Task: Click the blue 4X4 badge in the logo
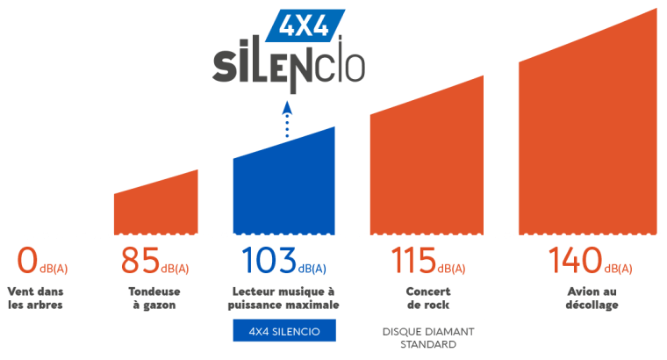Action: pos(305,25)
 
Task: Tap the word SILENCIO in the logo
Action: pos(289,65)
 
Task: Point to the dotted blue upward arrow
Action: pos(288,119)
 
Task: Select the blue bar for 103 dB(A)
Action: pos(284,187)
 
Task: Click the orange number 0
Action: pos(27,261)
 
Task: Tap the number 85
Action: pos(140,261)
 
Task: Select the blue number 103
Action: pos(269,261)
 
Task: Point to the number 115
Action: pos(413,261)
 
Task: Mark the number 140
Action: pos(575,261)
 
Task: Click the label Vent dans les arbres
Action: pos(35,299)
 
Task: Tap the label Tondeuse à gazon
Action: pos(154,299)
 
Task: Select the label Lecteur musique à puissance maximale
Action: pos(283,299)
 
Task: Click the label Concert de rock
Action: pos(428,299)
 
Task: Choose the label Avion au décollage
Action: pos(592,299)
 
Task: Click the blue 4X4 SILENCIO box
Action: pos(284,331)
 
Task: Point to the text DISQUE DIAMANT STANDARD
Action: pos(428,338)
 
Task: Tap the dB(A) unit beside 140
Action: pos(618,269)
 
